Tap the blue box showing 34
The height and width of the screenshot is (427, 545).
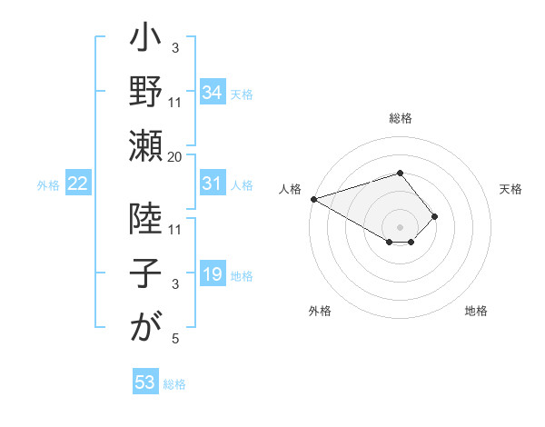[x=212, y=92]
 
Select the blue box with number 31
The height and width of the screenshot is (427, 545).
[x=212, y=184]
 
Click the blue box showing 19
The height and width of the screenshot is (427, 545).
[x=212, y=273]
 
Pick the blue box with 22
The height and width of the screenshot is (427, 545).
[x=77, y=184]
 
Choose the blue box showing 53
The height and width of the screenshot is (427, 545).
[x=145, y=382]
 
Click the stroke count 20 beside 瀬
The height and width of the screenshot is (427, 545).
[x=175, y=157]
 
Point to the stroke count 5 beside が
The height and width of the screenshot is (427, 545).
[x=175, y=339]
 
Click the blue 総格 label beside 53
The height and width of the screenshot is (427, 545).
[x=174, y=384]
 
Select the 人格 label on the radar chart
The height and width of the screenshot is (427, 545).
[x=290, y=189]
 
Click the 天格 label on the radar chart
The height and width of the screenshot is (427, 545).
[x=510, y=189]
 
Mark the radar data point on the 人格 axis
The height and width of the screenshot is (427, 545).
[x=313, y=199]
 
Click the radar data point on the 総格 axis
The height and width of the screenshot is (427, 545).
[x=400, y=173]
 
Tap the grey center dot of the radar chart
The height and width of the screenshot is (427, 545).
[x=400, y=226]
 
